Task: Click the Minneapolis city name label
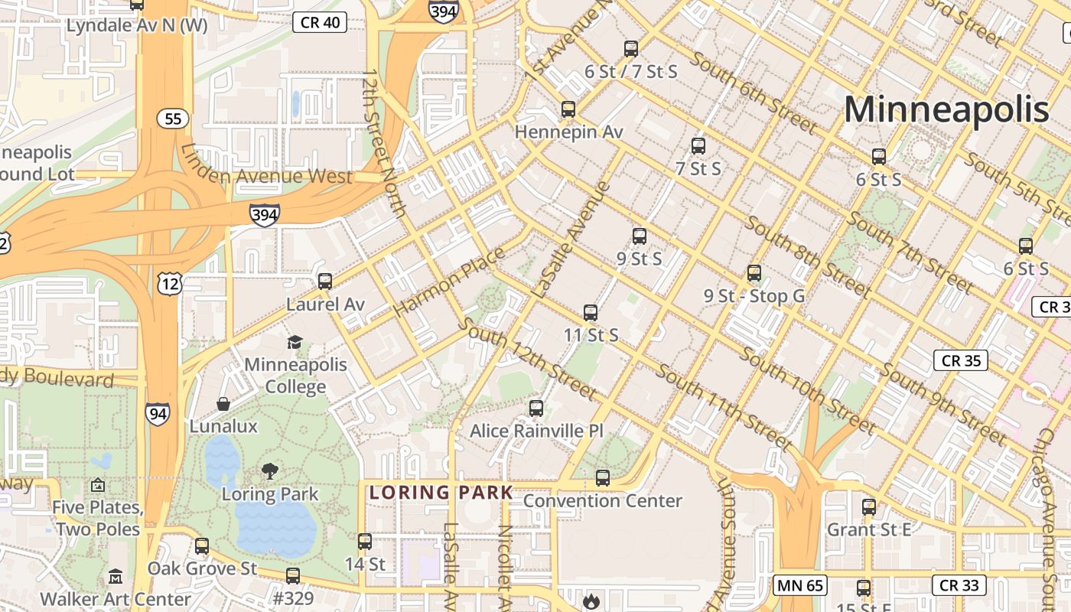click(946, 109)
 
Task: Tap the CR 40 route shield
click(320, 22)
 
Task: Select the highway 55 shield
click(173, 119)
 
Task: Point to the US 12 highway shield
click(169, 285)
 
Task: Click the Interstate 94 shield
click(158, 414)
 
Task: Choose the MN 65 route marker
click(800, 586)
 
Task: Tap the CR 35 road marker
click(961, 360)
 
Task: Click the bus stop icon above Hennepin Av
click(568, 109)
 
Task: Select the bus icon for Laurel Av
click(325, 282)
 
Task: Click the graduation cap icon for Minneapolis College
click(295, 342)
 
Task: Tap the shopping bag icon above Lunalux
click(223, 403)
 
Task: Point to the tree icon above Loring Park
click(269, 470)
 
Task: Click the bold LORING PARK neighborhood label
click(441, 493)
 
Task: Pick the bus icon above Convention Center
click(603, 478)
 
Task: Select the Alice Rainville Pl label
click(536, 431)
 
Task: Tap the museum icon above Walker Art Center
click(115, 576)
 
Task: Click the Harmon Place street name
click(449, 282)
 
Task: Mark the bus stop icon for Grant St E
click(868, 506)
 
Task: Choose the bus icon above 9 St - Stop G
click(754, 273)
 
